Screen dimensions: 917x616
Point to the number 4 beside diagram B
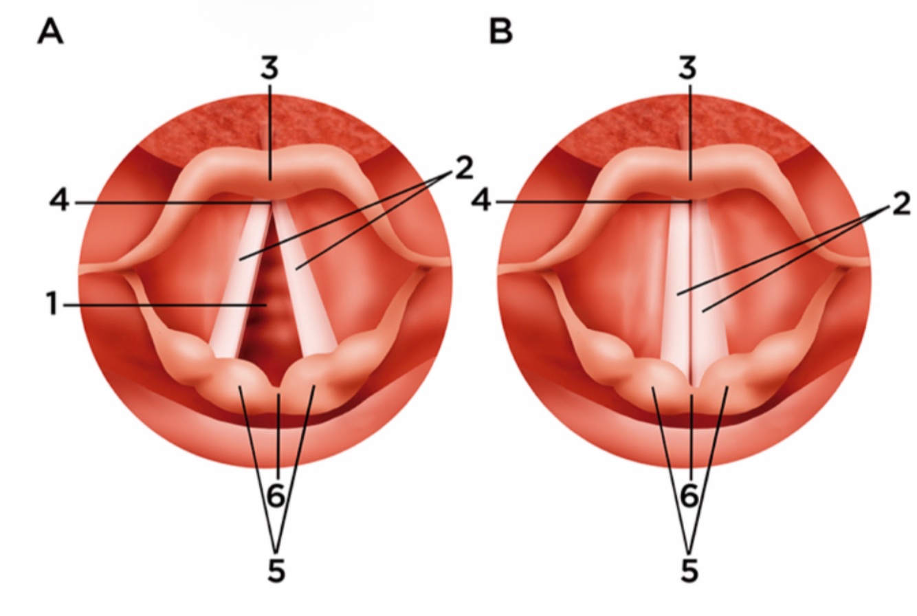point(483,202)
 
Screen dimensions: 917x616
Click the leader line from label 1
point(158,305)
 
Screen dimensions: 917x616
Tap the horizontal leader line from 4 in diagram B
point(591,201)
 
